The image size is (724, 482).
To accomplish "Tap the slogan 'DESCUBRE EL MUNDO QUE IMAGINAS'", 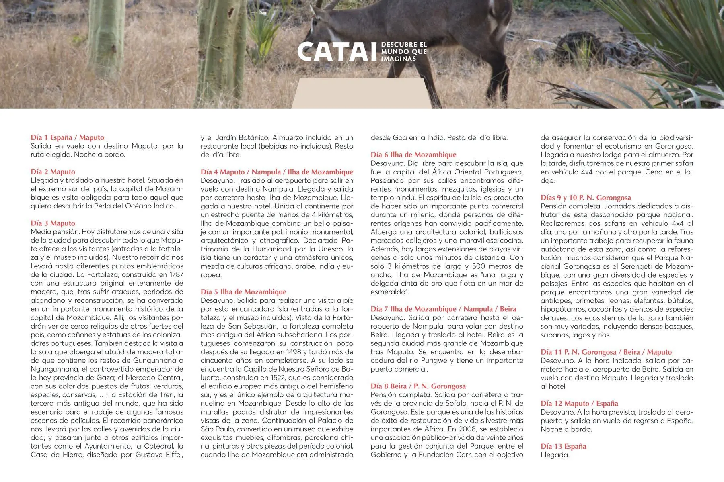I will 404,51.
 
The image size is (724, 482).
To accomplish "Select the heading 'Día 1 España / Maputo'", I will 67,137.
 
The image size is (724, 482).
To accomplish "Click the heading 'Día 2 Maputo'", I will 53,172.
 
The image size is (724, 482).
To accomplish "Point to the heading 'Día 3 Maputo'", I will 53,223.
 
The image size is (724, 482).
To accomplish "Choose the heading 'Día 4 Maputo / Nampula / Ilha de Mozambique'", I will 277,172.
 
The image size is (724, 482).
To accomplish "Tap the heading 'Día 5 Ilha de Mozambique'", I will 243,292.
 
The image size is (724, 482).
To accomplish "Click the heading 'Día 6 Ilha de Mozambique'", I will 413,155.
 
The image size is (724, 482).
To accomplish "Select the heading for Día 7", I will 443,309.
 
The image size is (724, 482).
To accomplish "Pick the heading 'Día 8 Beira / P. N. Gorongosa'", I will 418,386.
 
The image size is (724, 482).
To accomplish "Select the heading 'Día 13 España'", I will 563,446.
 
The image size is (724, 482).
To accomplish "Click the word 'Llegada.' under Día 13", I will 555,455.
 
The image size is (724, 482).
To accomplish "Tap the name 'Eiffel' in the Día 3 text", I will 172,455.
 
